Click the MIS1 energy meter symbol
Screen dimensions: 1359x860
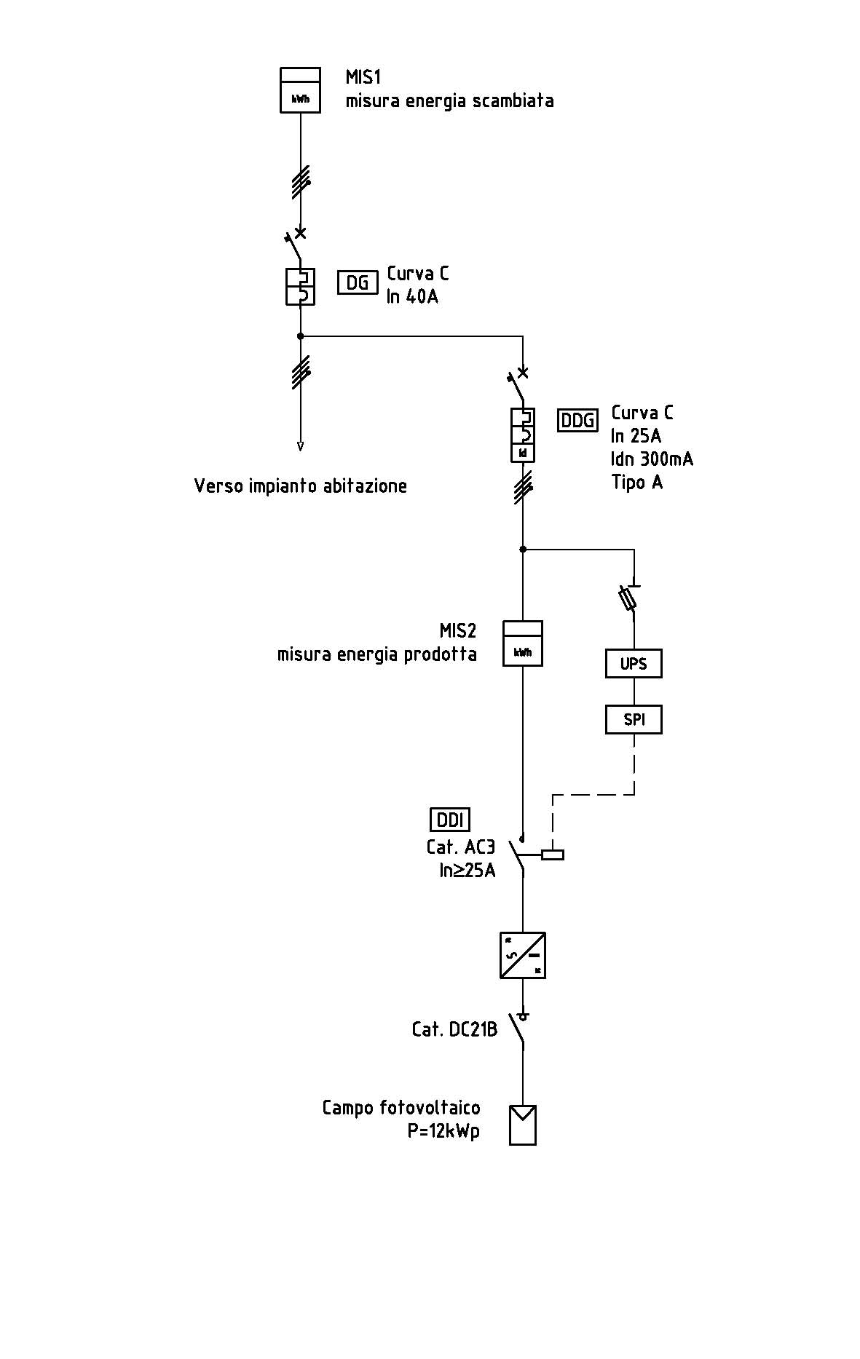click(300, 90)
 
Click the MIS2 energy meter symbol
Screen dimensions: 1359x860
click(523, 643)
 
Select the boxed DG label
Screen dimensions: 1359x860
click(358, 282)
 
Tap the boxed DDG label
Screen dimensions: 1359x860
click(577, 421)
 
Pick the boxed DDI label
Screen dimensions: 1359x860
click(450, 820)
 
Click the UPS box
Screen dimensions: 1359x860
click(634, 664)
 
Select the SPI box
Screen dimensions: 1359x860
click(634, 720)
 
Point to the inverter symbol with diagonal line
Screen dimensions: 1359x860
click(523, 955)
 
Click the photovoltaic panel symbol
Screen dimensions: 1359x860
click(523, 1125)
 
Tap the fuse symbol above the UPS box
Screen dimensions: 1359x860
click(628, 599)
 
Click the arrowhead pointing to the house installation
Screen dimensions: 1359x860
click(300, 446)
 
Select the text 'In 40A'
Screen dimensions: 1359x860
click(412, 297)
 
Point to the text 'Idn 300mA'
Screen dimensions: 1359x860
click(652, 459)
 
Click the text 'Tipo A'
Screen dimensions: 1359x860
click(637, 483)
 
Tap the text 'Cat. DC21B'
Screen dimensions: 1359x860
click(454, 1029)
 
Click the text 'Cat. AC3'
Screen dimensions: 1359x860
click(460, 847)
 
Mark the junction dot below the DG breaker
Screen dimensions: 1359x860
click(300, 336)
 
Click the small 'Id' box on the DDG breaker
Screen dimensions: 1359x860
click(523, 453)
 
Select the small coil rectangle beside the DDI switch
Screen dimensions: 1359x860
click(553, 855)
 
